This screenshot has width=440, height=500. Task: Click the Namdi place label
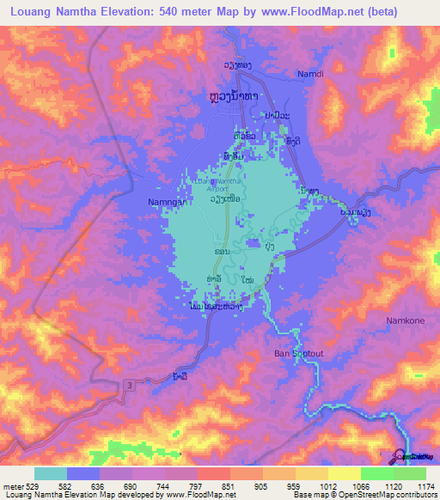point(310,74)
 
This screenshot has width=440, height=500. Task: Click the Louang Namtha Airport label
point(217,184)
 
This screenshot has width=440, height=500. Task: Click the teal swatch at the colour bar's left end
point(50,474)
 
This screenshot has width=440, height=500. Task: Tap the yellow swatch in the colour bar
point(344,474)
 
